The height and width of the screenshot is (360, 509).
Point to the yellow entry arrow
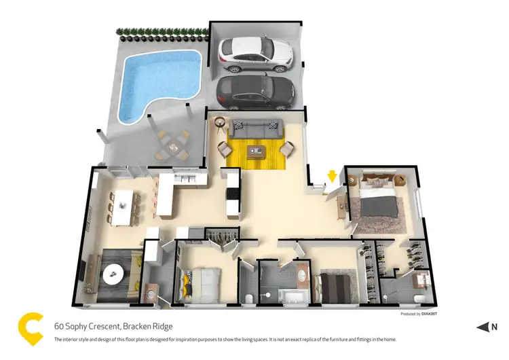pyautogui.click(x=332, y=177)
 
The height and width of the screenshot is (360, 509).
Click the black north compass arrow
pyautogui.click(x=483, y=327)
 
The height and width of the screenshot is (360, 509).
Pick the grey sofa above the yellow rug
pyautogui.click(x=254, y=128)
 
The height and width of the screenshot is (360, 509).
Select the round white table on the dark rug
pyautogui.click(x=113, y=273)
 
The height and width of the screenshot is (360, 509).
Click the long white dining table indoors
pyautogui.click(x=123, y=206)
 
